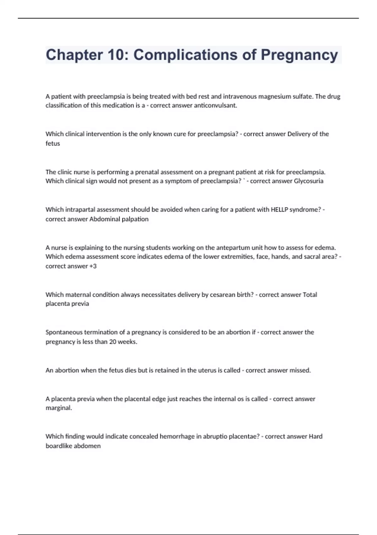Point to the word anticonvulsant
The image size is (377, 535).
coord(215,105)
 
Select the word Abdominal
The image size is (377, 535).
coord(103,219)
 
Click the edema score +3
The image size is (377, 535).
coord(93,266)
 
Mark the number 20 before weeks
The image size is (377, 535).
coord(112,342)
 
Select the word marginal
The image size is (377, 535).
coord(59,408)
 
